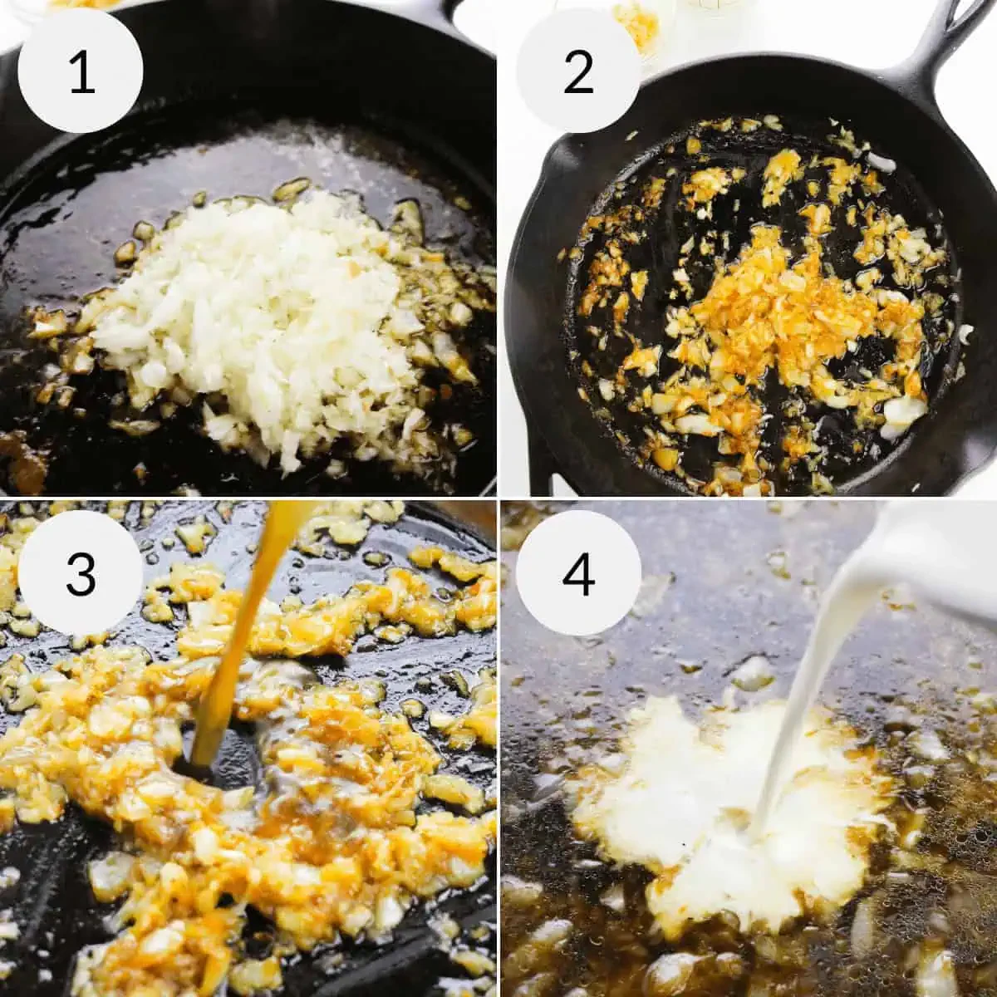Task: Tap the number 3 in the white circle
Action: click(81, 574)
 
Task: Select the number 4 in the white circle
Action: click(578, 574)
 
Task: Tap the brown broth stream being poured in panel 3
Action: click(248, 636)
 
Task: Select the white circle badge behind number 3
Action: click(81, 574)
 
